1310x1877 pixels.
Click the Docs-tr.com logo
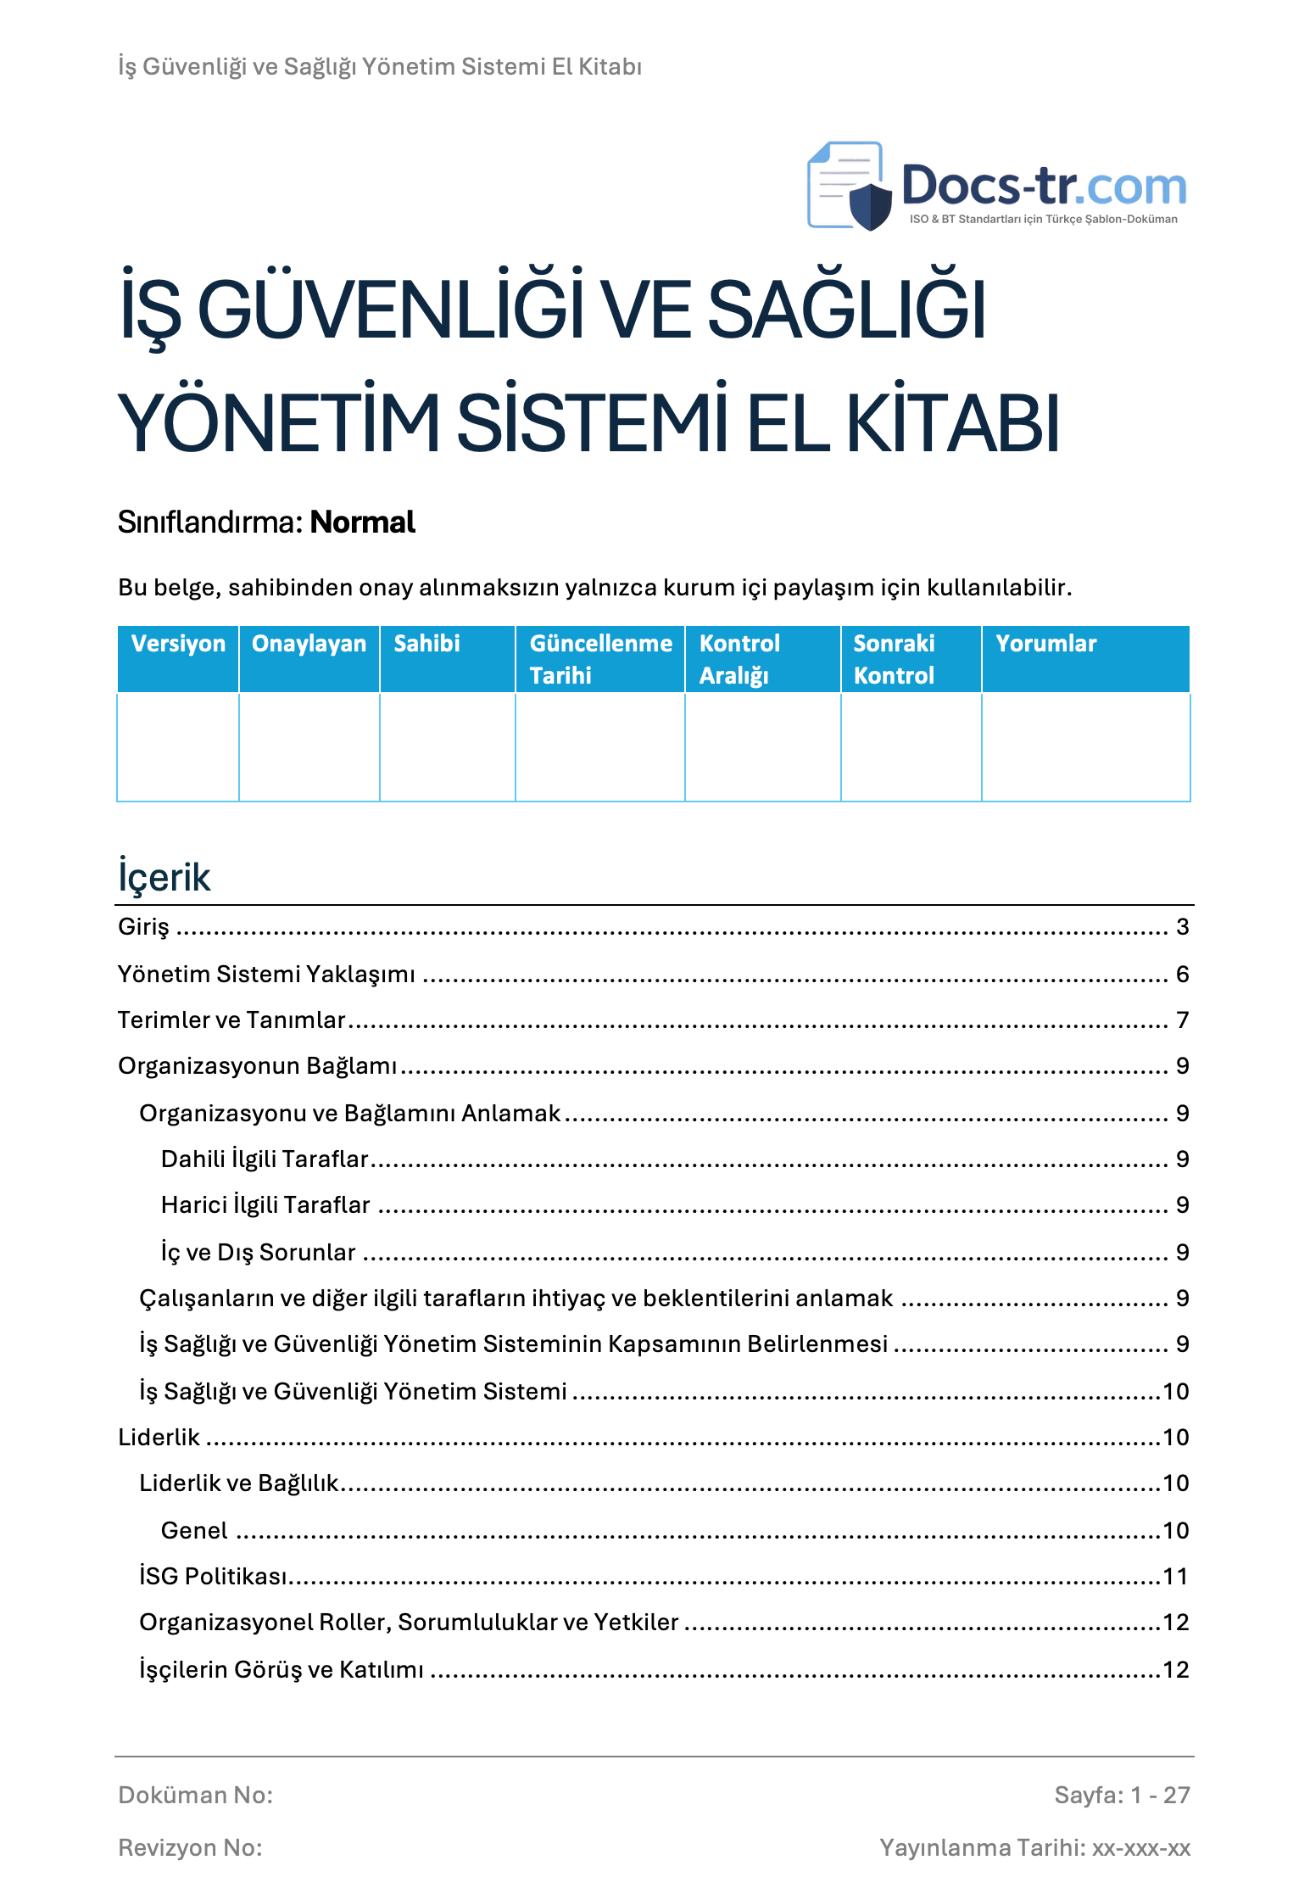pos(996,187)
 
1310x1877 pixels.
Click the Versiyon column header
pos(178,644)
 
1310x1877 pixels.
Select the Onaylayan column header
pos(309,644)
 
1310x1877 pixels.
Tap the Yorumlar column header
pos(1045,644)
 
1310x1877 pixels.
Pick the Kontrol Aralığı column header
pos(739,659)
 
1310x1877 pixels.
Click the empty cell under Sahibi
pos(447,747)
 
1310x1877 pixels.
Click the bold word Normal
pos(362,522)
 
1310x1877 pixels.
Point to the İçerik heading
pos(164,877)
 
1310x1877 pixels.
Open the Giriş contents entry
pos(143,927)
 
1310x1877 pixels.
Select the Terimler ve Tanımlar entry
pos(231,1020)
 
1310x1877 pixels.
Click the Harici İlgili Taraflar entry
pos(265,1205)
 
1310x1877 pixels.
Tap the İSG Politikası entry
pos(213,1577)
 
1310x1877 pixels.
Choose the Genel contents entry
pos(194,1531)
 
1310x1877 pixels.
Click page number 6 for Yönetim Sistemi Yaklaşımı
pos(1182,975)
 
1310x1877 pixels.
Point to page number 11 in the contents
pos(1175,1577)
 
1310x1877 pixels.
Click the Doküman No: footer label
pos(195,1796)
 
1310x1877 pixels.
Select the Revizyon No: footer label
pos(190,1848)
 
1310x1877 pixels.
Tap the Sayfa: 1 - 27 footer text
pos(1122,1796)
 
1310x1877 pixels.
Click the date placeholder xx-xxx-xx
pos(1140,1848)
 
